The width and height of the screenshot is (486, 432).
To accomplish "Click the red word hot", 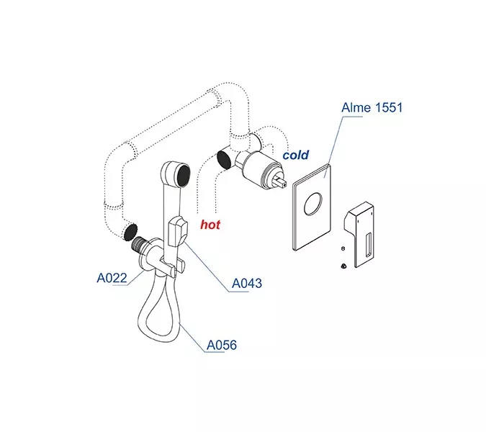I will click(210, 225).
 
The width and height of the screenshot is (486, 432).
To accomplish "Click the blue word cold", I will click(295, 155).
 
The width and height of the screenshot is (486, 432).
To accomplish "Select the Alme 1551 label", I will click(372, 109).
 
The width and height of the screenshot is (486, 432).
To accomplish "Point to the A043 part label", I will click(246, 284).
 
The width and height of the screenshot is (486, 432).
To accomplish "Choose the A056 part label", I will click(221, 346).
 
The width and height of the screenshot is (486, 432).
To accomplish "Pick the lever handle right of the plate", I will click(360, 230).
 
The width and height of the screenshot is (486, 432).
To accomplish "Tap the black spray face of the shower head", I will click(182, 173).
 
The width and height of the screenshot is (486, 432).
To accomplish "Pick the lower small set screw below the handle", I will click(343, 266).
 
